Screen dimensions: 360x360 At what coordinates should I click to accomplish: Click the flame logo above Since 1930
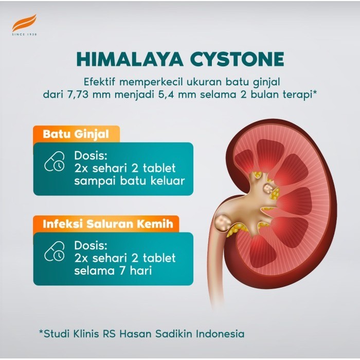pyautogui.click(x=25, y=23)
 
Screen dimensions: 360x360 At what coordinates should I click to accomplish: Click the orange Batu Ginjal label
pyautogui.click(x=76, y=135)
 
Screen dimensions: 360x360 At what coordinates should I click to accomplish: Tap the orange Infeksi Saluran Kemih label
pyautogui.click(x=106, y=224)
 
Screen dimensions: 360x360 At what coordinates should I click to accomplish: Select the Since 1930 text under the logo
pyautogui.click(x=25, y=34)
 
